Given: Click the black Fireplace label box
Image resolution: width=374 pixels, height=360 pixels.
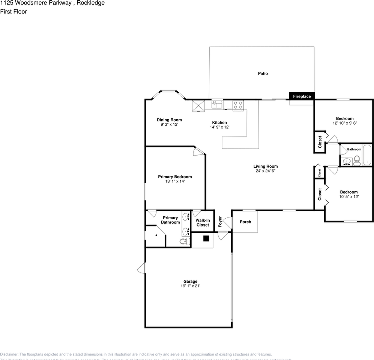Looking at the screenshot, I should [302, 96].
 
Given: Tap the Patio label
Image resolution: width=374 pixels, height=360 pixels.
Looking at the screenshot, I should [263, 73].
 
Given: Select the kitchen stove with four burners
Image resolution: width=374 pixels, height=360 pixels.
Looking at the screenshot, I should [238, 105].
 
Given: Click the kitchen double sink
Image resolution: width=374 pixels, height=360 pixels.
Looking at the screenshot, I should [216, 105].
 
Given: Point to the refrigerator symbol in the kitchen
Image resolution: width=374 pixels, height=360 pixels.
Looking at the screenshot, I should [198, 106].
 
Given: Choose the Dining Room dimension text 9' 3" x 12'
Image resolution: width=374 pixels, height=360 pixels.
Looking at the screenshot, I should [169, 124].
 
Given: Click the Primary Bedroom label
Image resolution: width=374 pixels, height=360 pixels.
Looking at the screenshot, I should [175, 177].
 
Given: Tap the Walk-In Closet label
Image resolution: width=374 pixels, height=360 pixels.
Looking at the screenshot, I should [203, 223].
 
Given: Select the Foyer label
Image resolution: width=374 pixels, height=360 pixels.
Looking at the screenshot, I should [220, 222].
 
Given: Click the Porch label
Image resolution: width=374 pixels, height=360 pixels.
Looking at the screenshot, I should [245, 222].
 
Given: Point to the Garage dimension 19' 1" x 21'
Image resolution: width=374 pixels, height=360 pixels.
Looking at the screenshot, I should [190, 286].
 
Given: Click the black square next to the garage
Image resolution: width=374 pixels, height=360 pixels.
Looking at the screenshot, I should [206, 238].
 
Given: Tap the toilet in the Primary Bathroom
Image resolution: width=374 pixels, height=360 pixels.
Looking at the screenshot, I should [184, 241].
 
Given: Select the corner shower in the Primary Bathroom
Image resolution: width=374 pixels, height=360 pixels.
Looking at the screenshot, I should [155, 237].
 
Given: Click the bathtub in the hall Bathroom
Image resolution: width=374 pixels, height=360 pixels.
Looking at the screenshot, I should [366, 155].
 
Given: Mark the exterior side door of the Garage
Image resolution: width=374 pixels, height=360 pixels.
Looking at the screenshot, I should [141, 268].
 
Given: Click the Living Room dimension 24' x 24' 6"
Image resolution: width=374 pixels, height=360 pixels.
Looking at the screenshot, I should [265, 171].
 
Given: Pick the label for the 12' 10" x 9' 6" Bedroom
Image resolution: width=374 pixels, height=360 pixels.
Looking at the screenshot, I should [344, 118].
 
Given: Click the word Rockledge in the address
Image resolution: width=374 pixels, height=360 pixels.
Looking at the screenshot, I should [90, 3].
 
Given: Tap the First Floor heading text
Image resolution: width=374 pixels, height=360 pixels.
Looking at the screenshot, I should [14, 12].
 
